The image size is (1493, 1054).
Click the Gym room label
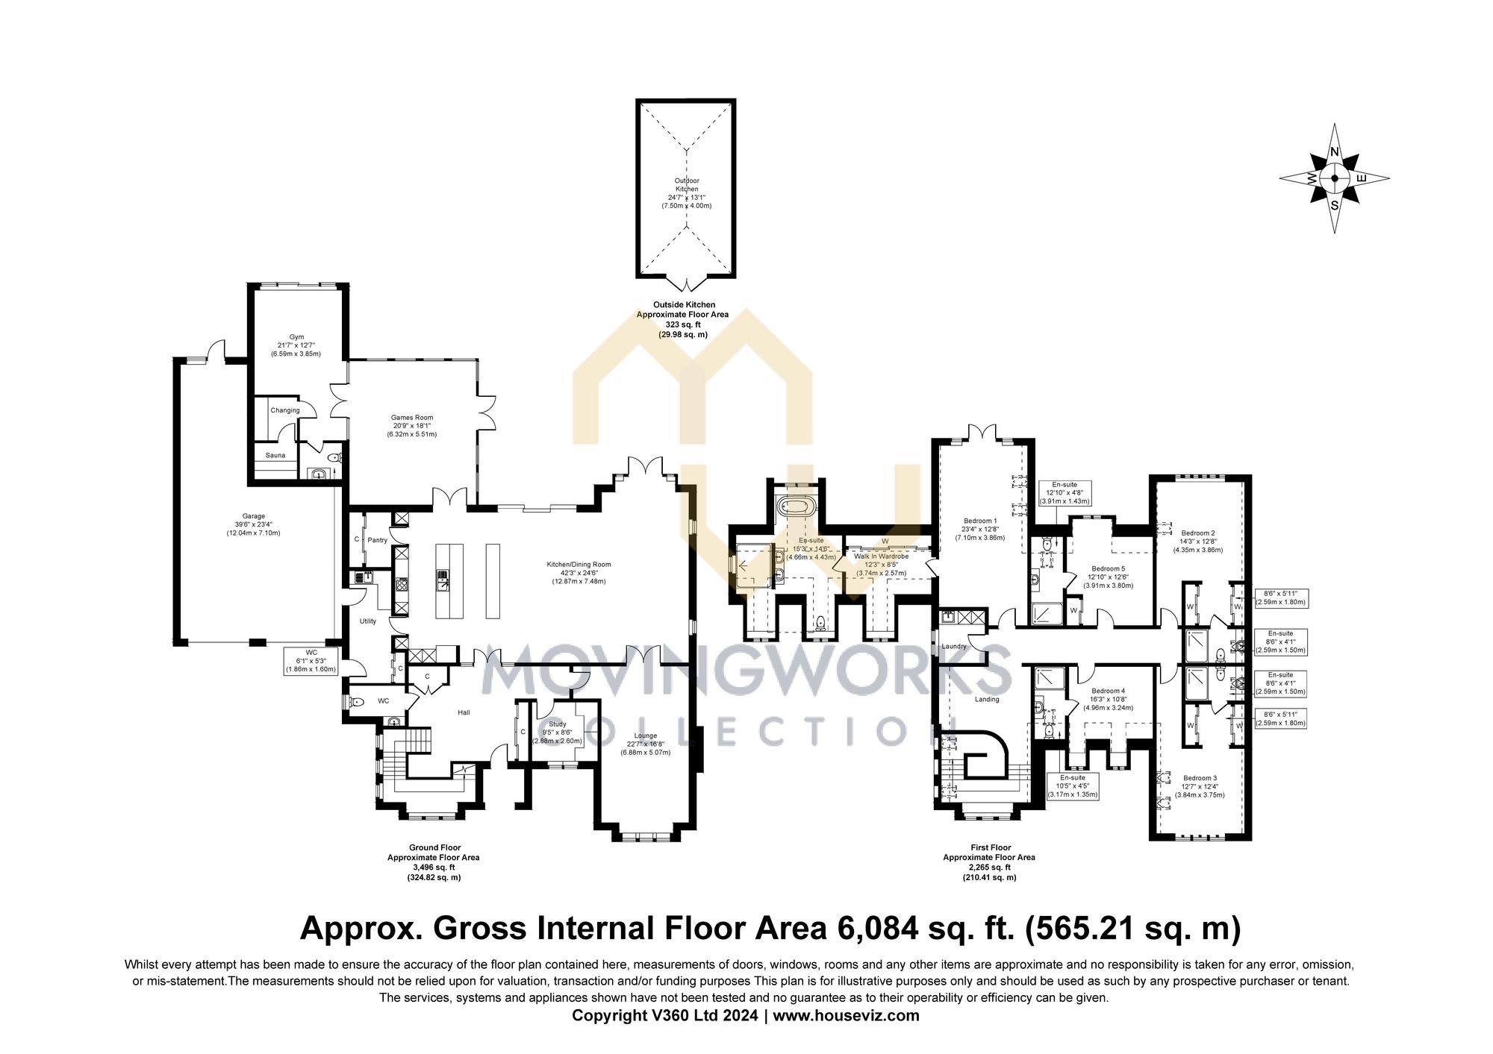pos(296,337)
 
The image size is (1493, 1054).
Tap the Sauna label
pos(275,455)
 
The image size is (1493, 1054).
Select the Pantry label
pos(378,540)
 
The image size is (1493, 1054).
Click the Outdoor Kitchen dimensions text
pos(686,198)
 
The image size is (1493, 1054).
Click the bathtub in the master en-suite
pos(795,507)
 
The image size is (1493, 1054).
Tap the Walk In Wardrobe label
pos(881,556)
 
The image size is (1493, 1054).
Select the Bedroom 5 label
pos(1108,568)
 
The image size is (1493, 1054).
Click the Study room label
pos(557,724)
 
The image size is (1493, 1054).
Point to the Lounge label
pos(645,735)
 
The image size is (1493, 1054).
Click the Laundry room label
pos(954,646)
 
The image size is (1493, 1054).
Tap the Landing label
pos(987,699)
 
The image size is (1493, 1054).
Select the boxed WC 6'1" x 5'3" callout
pos(311,661)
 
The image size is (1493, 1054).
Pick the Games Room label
pos(412,418)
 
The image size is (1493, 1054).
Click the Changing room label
pos(285,410)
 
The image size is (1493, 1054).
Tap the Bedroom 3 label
pos(1200,778)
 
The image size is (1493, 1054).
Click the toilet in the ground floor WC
pos(356,702)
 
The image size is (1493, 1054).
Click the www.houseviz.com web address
pos(846,1015)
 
